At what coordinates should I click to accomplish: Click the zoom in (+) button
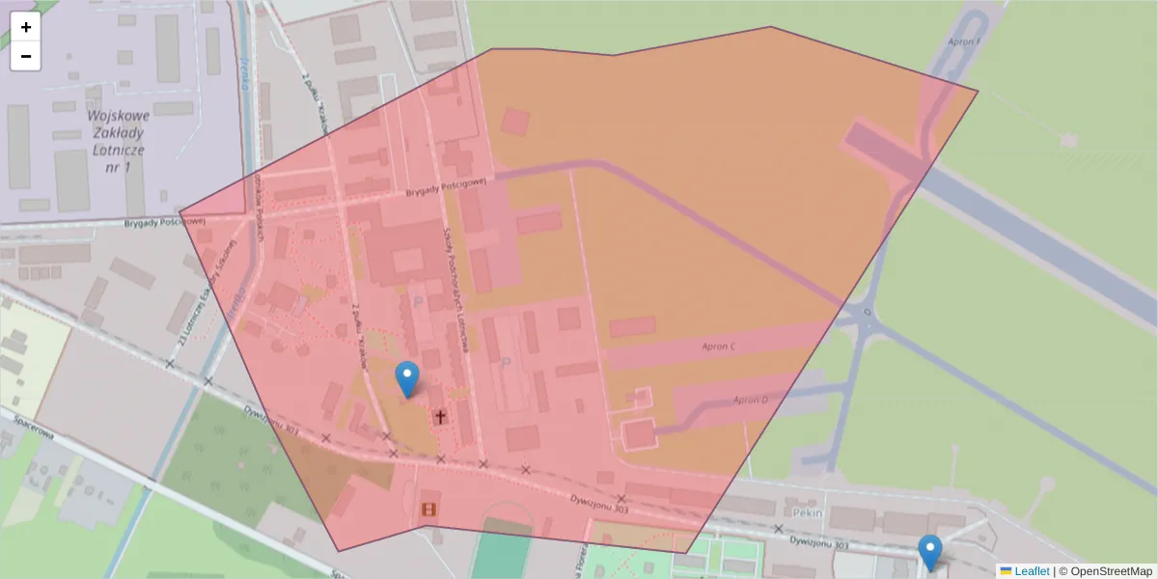(26, 27)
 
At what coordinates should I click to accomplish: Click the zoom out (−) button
(26, 56)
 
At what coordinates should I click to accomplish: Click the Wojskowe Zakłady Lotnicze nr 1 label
(115, 141)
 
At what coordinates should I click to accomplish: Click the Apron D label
(750, 400)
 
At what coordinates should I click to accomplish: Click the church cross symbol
(440, 417)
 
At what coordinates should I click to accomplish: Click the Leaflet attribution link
(1032, 571)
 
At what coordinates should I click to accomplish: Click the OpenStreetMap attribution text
(1105, 571)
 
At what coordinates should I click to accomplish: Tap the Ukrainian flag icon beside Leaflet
(1006, 571)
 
